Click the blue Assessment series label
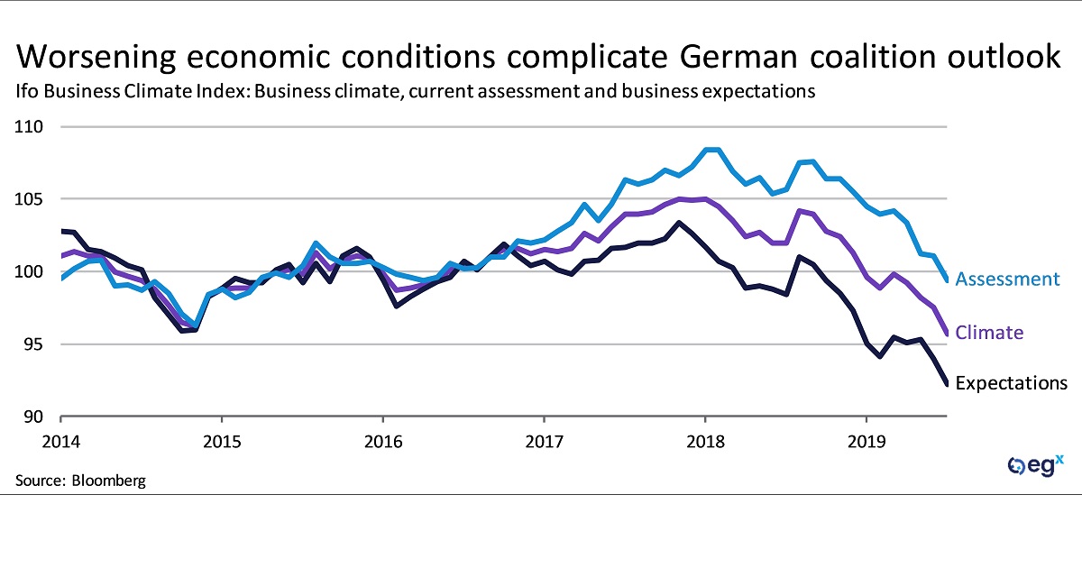(x=1007, y=279)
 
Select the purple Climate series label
(x=989, y=333)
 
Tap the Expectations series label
(x=1011, y=383)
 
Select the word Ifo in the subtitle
(x=26, y=92)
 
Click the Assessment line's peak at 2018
(x=711, y=149)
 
